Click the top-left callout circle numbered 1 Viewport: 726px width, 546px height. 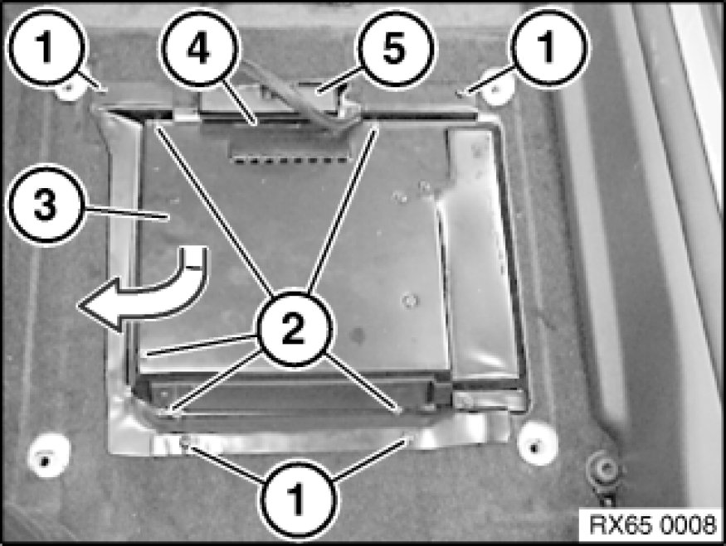[x=45, y=47]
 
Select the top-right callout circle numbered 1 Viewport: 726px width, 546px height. [x=548, y=47]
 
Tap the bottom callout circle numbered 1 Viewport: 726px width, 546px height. [x=296, y=500]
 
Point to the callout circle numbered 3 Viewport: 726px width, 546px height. [x=45, y=205]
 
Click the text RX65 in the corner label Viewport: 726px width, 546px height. [x=617, y=525]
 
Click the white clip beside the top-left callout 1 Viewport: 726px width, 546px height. [x=69, y=89]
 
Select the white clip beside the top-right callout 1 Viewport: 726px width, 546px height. [x=496, y=89]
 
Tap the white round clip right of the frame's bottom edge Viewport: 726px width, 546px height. [x=537, y=442]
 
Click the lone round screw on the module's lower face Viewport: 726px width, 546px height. [x=409, y=302]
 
